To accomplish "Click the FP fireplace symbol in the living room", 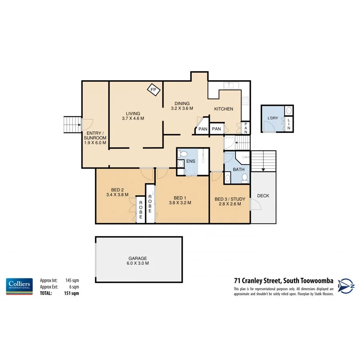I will [x=153, y=90].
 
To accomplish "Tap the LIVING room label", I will [x=132, y=116].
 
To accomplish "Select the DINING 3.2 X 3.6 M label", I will [x=182, y=106].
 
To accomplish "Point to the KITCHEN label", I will [x=223, y=109].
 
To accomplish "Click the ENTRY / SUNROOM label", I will [x=95, y=138].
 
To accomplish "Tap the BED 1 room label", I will [x=180, y=200].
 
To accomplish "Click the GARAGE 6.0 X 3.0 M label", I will [x=138, y=261].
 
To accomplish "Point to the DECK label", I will [x=263, y=196].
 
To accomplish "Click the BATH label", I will [x=239, y=170].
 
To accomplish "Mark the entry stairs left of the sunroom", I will [x=72, y=125].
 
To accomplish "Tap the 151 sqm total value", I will [x=72, y=293].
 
